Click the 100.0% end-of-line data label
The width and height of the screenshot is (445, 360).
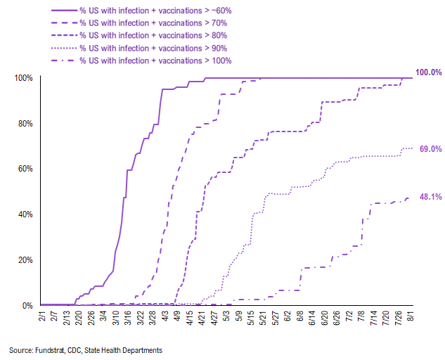(x=427, y=72)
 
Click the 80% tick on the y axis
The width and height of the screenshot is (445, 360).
(x=23, y=123)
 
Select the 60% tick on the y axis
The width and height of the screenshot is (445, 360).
(x=23, y=169)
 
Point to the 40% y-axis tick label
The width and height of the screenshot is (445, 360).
(x=23, y=214)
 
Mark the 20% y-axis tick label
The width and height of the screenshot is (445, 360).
(x=23, y=260)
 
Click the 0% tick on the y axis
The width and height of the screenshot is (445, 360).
(x=25, y=306)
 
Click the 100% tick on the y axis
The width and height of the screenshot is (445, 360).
(x=22, y=77)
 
